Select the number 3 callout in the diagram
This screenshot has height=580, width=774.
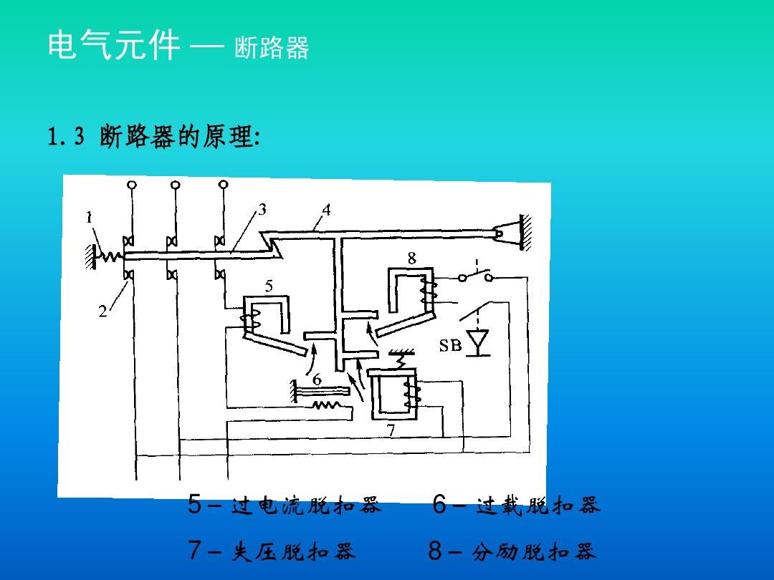tap(262, 210)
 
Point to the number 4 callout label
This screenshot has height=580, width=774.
tap(326, 210)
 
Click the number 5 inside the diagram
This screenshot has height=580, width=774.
tap(269, 286)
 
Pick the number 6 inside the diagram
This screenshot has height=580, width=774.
tap(316, 379)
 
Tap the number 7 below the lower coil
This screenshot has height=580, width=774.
tap(391, 430)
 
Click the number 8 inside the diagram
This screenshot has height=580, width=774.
tap(412, 258)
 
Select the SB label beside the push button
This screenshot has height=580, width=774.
tap(450, 346)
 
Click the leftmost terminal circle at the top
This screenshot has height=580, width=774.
tap(132, 185)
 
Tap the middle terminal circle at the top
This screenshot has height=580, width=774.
tap(176, 185)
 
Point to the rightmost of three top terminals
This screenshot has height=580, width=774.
tap(223, 185)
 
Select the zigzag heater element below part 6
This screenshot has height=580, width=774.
tap(325, 406)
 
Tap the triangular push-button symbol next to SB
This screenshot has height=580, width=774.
tap(477, 339)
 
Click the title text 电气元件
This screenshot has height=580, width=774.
tap(113, 47)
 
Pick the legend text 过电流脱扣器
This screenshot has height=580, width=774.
tap(307, 506)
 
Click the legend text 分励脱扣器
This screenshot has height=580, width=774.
tap(534, 552)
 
